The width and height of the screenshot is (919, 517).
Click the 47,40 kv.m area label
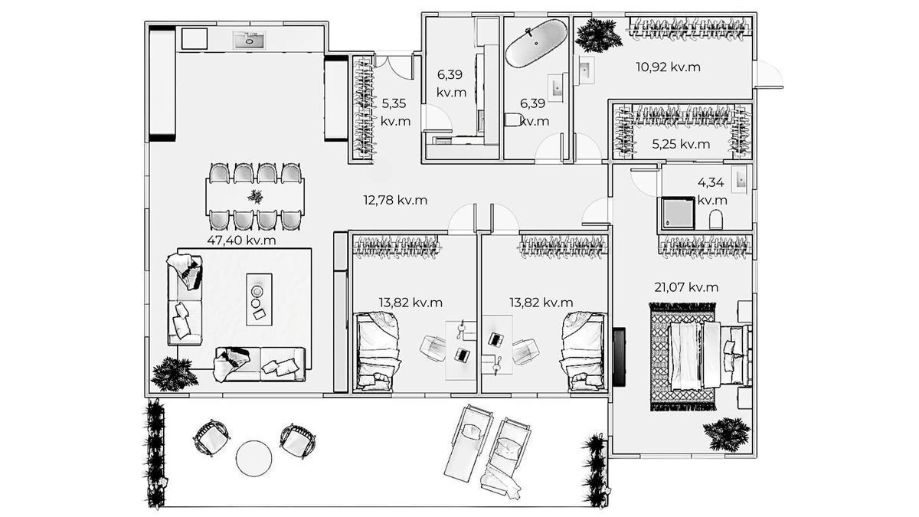[241, 240]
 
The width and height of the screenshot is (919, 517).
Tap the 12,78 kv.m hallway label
[395, 200]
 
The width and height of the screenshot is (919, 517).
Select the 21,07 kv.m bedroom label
[686, 287]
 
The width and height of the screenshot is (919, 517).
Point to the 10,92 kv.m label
[669, 67]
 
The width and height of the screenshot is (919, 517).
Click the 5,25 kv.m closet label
[681, 144]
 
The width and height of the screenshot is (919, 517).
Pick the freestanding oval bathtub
[536, 43]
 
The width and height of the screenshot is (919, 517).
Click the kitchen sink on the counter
[249, 40]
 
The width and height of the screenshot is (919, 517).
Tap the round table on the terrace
[253, 458]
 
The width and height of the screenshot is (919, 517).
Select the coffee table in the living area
[259, 299]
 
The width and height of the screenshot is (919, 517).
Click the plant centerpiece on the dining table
[255, 197]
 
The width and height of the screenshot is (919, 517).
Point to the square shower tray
[677, 214]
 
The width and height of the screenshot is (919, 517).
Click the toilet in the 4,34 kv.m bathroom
[716, 220]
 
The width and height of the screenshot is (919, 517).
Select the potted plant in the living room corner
[174, 375]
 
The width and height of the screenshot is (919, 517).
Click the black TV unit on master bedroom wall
[619, 357]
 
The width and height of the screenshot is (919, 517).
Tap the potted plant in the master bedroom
[727, 434]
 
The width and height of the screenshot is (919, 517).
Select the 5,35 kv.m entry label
[395, 112]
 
